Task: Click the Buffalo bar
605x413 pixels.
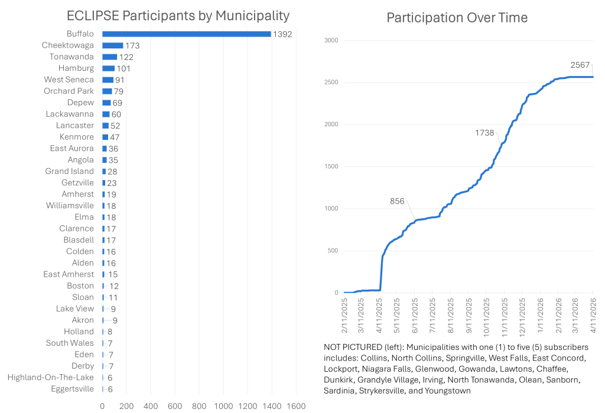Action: tap(186, 34)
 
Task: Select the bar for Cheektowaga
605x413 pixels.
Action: tap(113, 45)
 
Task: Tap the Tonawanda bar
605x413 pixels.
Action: tap(110, 57)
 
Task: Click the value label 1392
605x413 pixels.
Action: tap(282, 34)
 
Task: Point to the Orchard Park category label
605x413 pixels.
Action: tap(69, 91)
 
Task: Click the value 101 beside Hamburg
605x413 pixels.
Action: tap(123, 68)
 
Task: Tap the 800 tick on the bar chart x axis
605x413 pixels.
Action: tap(199, 406)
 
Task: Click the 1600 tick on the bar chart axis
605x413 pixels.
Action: tap(296, 406)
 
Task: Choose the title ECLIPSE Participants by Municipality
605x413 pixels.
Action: tap(178, 15)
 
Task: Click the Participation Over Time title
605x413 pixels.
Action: tap(457, 18)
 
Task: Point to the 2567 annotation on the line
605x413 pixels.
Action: tap(580, 64)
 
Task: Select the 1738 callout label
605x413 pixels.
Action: tap(484, 133)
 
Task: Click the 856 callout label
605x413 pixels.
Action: tap(397, 201)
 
